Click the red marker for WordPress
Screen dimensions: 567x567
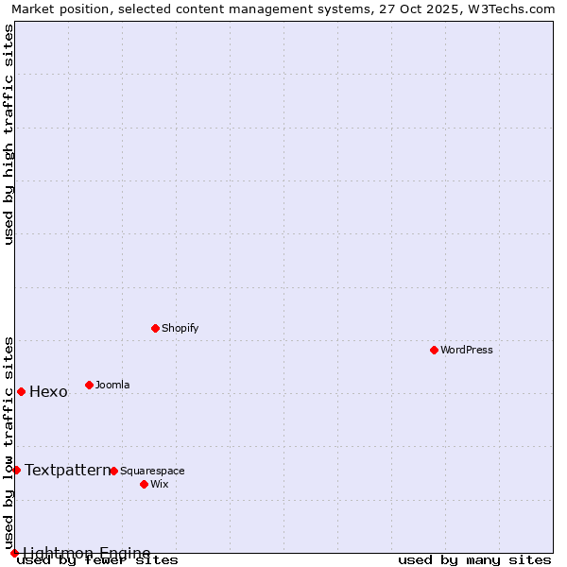[434, 350]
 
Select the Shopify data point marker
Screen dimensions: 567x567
[155, 328]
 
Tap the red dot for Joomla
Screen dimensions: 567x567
[89, 385]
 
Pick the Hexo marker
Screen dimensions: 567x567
[21, 391]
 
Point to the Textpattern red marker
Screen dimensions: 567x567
[16, 470]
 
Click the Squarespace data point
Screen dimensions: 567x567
[113, 471]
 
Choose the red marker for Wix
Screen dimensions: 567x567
[144, 484]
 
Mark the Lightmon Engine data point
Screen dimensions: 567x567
[14, 553]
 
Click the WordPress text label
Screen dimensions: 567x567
[467, 350]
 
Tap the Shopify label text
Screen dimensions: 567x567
[180, 328]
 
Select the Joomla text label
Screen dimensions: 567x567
[112, 385]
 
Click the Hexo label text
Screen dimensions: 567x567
[48, 392]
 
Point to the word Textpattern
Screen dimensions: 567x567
[67, 470]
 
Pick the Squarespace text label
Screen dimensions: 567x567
[152, 471]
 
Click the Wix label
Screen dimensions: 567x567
[160, 484]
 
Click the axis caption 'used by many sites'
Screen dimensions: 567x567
[474, 560]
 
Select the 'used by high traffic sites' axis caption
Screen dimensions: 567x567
[9, 134]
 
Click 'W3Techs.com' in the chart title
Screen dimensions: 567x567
[507, 9]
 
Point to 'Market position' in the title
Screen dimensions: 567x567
[56, 9]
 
